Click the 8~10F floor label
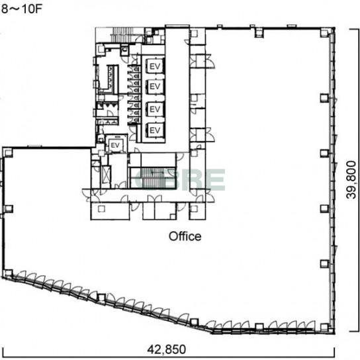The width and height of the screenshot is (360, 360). pyautogui.click(x=22, y=9)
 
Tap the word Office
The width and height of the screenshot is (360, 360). pyautogui.click(x=185, y=236)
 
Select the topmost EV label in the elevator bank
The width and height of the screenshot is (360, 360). pyautogui.click(x=155, y=66)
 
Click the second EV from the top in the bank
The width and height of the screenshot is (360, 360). pyautogui.click(x=155, y=86)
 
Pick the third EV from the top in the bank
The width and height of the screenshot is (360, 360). pyautogui.click(x=155, y=109)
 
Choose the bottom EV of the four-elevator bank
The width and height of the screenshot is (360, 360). pyautogui.click(x=155, y=130)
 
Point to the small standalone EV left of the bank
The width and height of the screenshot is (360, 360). pyautogui.click(x=115, y=145)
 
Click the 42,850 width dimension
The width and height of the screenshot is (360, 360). pyautogui.click(x=167, y=349)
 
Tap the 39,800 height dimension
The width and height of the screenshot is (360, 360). pyautogui.click(x=351, y=180)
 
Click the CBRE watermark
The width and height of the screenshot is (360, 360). pyautogui.click(x=180, y=179)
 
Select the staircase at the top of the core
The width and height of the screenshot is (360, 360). pyautogui.click(x=122, y=35)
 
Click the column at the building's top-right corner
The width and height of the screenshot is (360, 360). pyautogui.click(x=324, y=33)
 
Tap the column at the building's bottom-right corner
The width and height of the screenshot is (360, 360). pyautogui.click(x=324, y=327)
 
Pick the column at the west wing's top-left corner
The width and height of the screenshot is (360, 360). pyautogui.click(x=8, y=153)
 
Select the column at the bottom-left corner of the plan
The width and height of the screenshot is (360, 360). pyautogui.click(x=8, y=273)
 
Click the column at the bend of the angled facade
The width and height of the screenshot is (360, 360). pyautogui.click(x=194, y=322)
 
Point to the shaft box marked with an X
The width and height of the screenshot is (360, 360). pyautogui.click(x=106, y=175)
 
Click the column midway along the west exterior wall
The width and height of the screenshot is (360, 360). pyautogui.click(x=9, y=208)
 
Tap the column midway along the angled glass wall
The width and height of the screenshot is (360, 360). pyautogui.click(x=101, y=298)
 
